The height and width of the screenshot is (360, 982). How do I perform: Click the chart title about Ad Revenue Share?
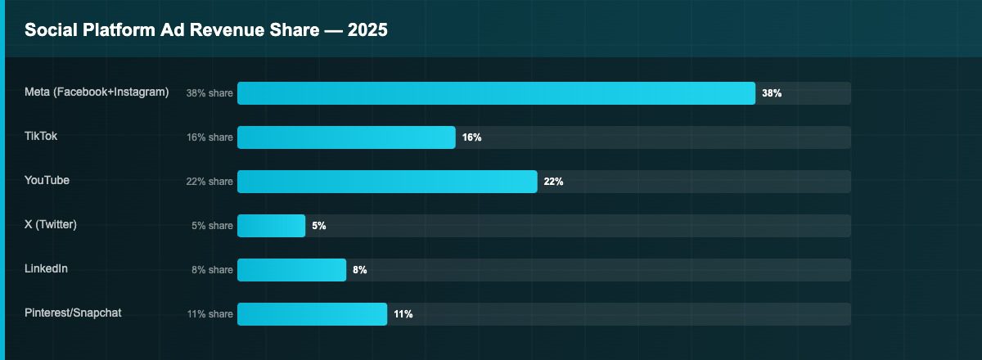point(205,30)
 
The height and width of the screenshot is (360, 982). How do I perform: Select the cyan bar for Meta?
point(496,93)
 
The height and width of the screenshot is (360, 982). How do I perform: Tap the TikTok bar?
point(346,137)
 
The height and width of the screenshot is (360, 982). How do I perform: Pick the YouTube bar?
point(387,182)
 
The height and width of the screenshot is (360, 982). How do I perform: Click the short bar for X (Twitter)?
point(271,226)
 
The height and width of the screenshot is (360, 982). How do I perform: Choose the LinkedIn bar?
point(291,270)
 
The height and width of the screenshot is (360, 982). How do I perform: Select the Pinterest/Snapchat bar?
point(312,314)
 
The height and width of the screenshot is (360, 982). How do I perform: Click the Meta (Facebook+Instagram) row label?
point(97,92)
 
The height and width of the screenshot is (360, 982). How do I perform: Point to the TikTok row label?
point(41,136)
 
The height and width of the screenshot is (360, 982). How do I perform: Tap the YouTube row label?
point(47,180)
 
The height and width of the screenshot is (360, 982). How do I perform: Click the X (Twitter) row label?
point(51,224)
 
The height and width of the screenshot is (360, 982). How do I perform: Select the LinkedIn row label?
point(47,268)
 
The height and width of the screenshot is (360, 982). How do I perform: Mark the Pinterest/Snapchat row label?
point(74,313)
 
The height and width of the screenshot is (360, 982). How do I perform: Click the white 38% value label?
point(772,93)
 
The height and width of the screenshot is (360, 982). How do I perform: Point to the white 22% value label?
point(553,182)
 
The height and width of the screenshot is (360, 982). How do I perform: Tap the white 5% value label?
point(319,226)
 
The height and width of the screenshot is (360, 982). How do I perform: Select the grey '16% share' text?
point(209,137)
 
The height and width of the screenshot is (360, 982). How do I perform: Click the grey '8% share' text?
point(212,270)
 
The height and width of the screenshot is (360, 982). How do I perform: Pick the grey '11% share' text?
point(209,314)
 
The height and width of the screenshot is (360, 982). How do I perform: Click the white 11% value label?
point(403,314)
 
